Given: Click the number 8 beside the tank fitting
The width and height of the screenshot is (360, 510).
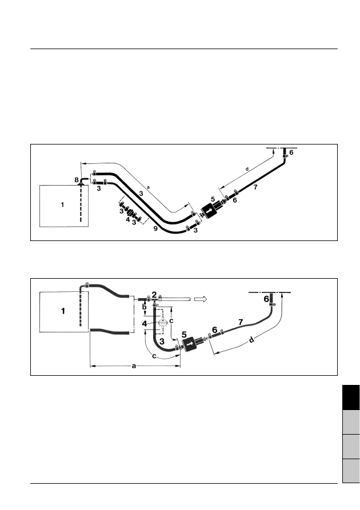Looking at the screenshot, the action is [x=77, y=180].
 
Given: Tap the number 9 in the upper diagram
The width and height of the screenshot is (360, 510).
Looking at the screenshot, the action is [x=155, y=228].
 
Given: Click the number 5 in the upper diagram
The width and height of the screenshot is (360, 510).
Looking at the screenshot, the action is [x=213, y=199].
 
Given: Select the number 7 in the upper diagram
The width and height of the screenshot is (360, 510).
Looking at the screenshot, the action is [x=255, y=187].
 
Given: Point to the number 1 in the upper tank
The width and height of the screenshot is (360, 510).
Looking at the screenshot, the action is [x=62, y=205].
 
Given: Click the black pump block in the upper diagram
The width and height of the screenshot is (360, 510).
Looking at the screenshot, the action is [x=209, y=211].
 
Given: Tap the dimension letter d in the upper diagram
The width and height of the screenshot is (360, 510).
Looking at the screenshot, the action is [x=247, y=169].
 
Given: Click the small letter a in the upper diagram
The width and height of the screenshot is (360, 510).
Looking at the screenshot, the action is [x=148, y=187].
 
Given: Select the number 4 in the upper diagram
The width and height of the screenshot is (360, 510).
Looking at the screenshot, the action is [x=128, y=219].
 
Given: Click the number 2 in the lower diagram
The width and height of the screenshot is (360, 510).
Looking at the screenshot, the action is [x=154, y=295].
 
